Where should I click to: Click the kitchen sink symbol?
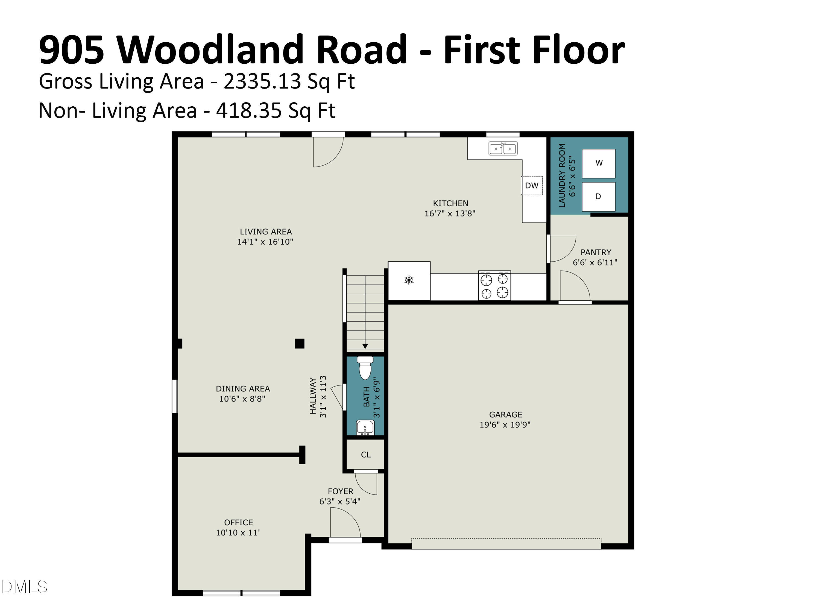tap(503, 148)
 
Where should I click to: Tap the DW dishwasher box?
tap(532, 185)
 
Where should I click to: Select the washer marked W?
tap(599, 163)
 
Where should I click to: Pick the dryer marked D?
tap(599, 197)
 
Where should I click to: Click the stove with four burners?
tap(494, 285)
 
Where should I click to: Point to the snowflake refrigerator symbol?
tap(409, 280)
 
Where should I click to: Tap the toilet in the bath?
tap(365, 368)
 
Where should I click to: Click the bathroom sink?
tap(365, 427)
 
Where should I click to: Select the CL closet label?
tap(366, 455)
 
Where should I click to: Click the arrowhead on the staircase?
tap(365, 346)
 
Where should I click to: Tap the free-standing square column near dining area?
tap(300, 344)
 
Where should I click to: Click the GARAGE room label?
tap(506, 414)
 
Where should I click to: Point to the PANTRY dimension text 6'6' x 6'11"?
tap(595, 262)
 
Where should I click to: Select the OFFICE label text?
tap(238, 522)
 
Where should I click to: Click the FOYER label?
tap(340, 491)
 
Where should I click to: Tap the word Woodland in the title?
tap(262, 50)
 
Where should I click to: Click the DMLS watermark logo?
tap(25, 587)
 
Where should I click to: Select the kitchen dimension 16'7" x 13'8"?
tap(450, 213)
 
